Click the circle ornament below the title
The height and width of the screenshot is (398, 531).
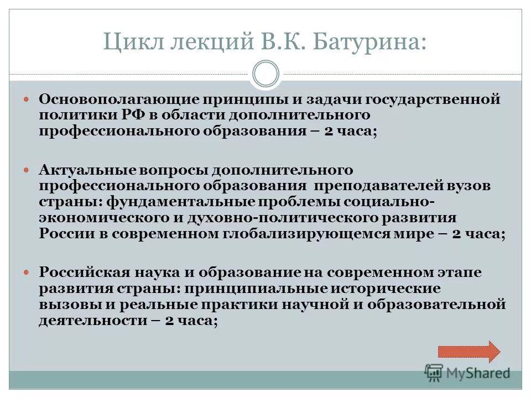(265, 74)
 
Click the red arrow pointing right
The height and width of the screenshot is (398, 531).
(469, 352)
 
